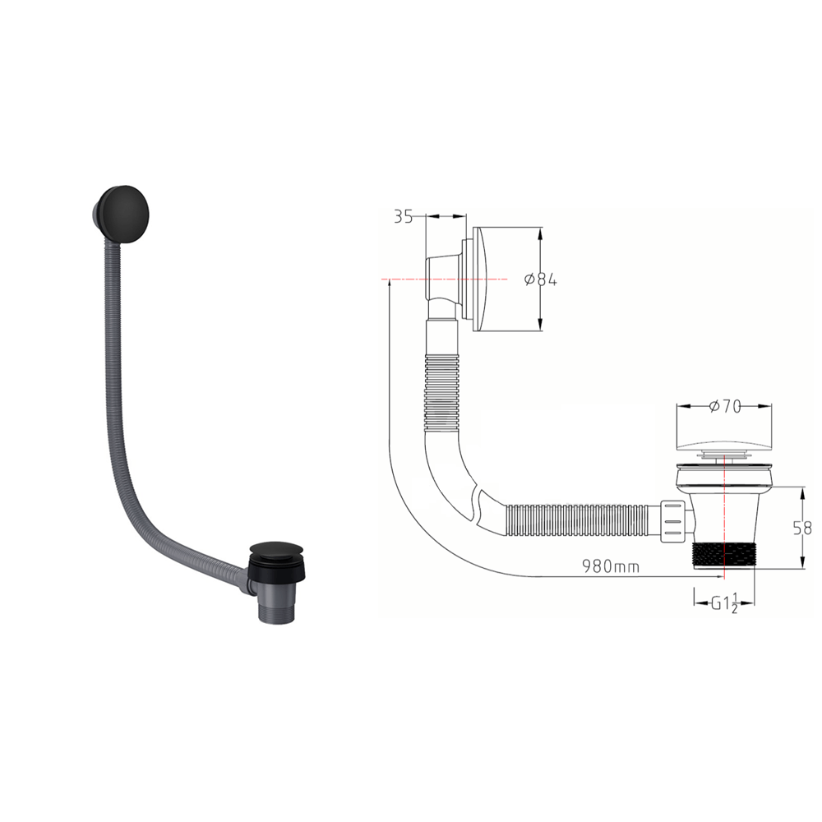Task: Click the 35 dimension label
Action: pyautogui.click(x=403, y=217)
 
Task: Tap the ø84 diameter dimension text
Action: pyautogui.click(x=540, y=279)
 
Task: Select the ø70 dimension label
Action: pyautogui.click(x=723, y=405)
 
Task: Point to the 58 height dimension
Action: pyautogui.click(x=803, y=528)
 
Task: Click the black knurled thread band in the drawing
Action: pyautogui.click(x=723, y=555)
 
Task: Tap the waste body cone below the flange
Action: pyautogui.click(x=723, y=510)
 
